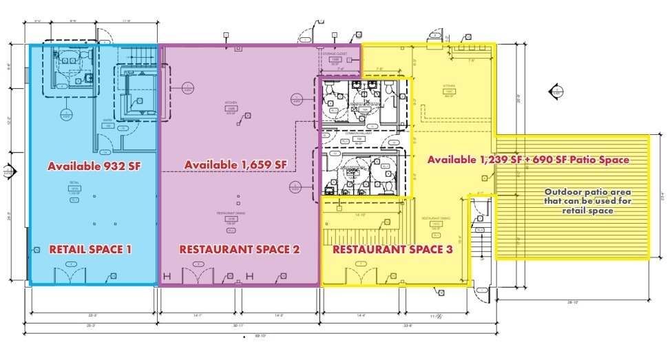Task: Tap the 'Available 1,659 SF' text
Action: click(x=235, y=165)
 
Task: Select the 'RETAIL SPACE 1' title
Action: click(x=90, y=249)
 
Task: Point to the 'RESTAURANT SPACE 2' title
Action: click(x=240, y=249)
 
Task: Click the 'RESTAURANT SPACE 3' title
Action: click(x=392, y=249)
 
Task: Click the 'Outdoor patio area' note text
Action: click(x=587, y=192)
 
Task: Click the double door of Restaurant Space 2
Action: click(x=198, y=277)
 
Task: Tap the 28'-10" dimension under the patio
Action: click(x=574, y=302)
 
